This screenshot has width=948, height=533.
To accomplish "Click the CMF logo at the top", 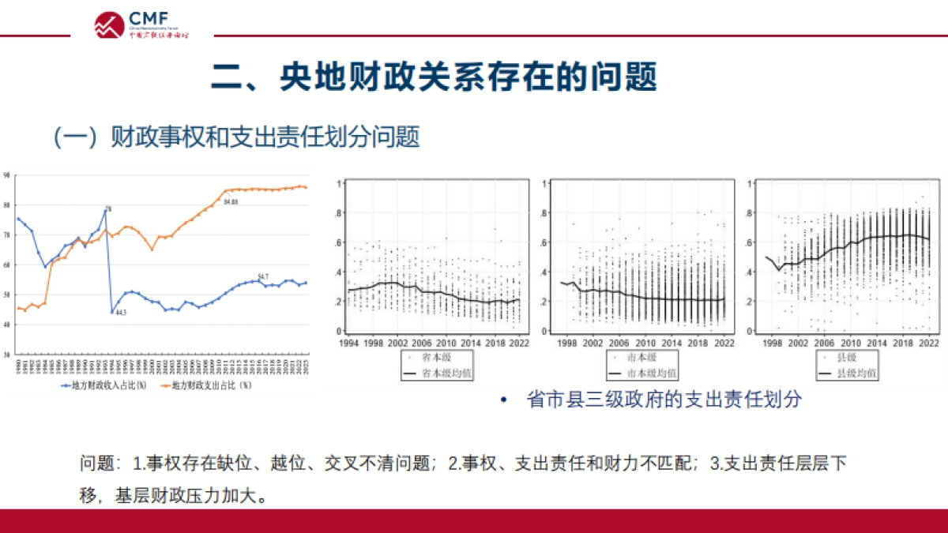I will point(141,24).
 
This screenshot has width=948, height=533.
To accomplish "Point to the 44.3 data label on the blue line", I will point(121,313).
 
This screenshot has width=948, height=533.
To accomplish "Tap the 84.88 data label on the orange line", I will point(231,203).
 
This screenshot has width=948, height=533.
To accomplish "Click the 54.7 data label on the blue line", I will point(263,276).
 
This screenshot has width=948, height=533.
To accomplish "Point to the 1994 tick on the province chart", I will point(348,343).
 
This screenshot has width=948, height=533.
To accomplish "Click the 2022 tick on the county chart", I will point(929,343).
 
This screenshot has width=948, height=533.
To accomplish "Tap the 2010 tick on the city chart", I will point(645,343).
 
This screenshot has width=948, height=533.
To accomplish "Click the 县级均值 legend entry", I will point(849,373).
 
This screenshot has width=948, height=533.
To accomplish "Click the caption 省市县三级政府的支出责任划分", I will point(664,400).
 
